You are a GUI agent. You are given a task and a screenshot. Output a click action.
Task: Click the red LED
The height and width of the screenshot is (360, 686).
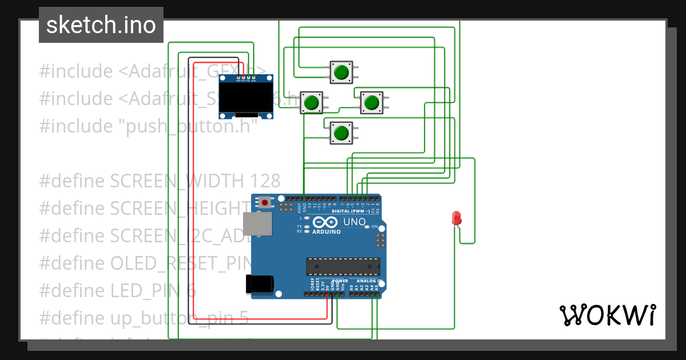(456, 218)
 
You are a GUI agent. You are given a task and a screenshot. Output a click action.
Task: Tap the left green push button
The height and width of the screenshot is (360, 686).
(312, 103)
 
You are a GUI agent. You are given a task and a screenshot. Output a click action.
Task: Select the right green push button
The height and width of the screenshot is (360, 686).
(372, 102)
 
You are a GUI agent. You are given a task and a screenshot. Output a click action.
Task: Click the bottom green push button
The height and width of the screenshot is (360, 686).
(341, 133)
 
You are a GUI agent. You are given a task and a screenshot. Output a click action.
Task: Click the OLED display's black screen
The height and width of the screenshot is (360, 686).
(246, 97)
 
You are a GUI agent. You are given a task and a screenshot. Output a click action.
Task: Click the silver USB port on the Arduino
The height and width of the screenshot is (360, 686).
(257, 224)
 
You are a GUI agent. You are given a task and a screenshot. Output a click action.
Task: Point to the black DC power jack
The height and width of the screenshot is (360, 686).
(259, 283)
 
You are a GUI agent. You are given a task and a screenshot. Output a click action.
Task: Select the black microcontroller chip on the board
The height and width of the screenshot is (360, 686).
(343, 267)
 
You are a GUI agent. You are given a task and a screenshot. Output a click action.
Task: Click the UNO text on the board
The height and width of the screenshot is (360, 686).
(354, 222)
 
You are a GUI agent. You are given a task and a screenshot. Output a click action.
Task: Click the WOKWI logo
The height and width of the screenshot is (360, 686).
(607, 315)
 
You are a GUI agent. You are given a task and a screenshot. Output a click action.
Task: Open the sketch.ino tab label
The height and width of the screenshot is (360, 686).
(101, 25)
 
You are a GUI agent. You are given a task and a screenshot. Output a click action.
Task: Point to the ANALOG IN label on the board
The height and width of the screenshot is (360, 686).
(369, 281)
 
